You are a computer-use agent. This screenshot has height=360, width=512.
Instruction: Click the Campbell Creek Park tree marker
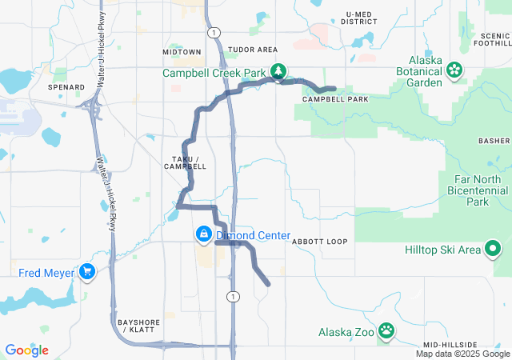tap(278, 72)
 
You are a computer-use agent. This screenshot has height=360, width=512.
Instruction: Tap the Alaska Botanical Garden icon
tap(454, 70)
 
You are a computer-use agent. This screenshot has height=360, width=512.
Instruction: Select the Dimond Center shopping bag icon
tap(203, 234)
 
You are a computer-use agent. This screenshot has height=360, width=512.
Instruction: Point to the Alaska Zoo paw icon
tap(386, 331)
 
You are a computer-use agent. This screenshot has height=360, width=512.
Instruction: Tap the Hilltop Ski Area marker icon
tap(494, 250)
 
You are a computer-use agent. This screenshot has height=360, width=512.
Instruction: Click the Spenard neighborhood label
tap(66, 86)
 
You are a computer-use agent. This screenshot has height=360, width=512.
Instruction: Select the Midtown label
tap(182, 51)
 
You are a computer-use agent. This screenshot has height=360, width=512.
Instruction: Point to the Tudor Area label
tap(252, 50)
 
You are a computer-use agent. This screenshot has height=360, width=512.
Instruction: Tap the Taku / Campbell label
tap(189, 162)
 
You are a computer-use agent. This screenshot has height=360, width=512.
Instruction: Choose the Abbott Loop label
tap(320, 241)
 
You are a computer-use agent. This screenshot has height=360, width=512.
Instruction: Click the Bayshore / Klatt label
tap(135, 325)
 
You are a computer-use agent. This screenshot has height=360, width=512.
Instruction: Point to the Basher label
tap(494, 141)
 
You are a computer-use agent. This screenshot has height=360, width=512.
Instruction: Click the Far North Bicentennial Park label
tap(476, 197)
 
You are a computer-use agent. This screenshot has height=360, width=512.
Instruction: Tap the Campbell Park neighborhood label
tap(335, 99)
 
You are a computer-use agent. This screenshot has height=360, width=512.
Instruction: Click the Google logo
tap(27, 350)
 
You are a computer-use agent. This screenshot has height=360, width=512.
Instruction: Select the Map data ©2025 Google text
tap(462, 354)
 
